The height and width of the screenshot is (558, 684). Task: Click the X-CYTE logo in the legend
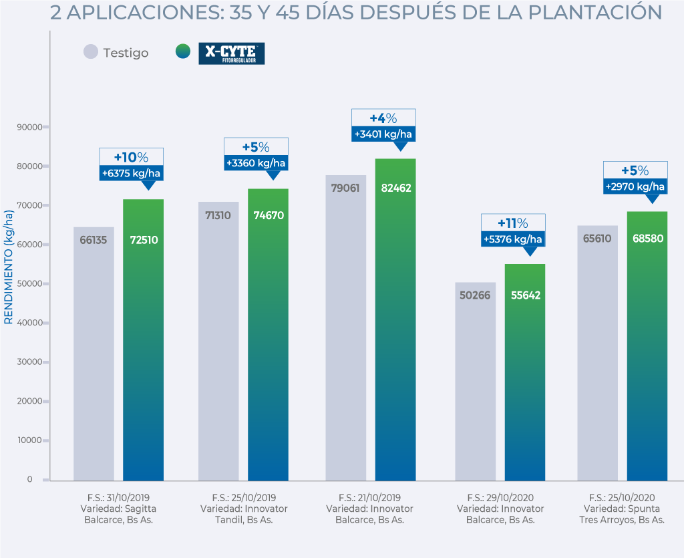pos(231,53)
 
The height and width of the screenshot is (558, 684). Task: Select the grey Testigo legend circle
pos(91,52)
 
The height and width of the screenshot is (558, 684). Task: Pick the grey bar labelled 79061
pos(346,327)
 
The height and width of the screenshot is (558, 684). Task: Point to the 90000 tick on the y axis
pos(29,127)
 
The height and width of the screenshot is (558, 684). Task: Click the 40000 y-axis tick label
pos(29,323)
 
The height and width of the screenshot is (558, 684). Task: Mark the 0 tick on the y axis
pos(29,479)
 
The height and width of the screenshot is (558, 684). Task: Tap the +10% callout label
pos(131,158)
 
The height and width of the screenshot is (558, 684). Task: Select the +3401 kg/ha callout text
pos(383,134)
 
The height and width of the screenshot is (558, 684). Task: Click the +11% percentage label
pos(513,223)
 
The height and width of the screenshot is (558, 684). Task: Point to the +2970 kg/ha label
pos(635,186)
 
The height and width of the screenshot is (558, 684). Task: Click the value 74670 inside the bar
pos(268,216)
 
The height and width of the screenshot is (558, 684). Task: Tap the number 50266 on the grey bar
pos(476,295)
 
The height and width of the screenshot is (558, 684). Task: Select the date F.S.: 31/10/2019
pos(118,498)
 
